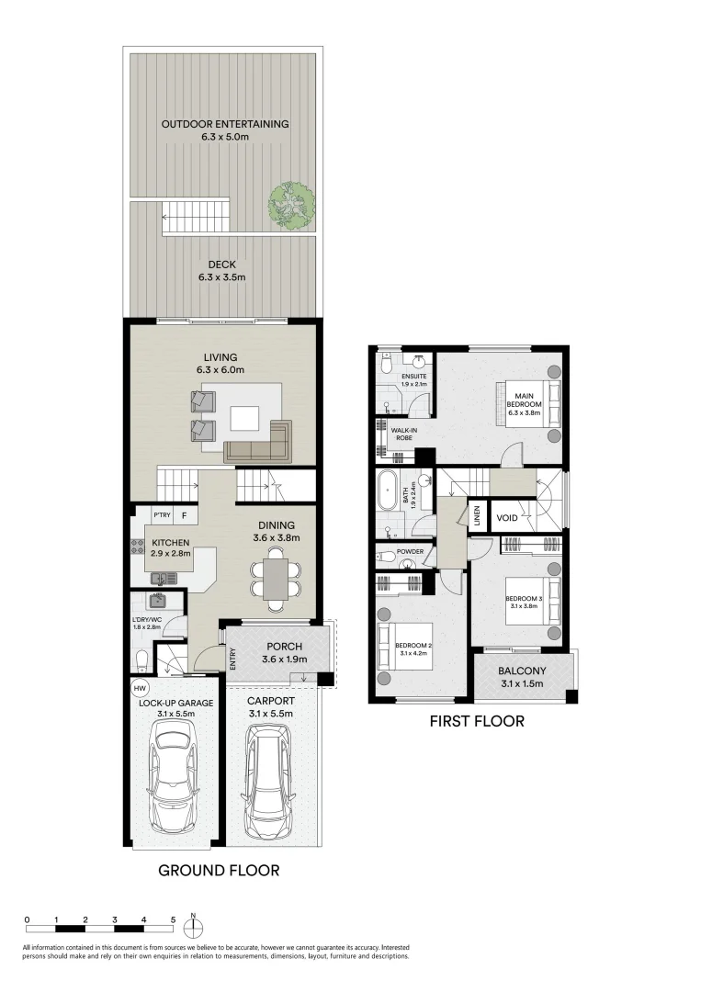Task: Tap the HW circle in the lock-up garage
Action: click(140, 687)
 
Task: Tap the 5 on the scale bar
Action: click(173, 919)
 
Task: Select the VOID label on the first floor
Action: click(507, 516)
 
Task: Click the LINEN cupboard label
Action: click(478, 515)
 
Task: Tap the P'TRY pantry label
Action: click(163, 515)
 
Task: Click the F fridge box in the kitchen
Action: click(185, 515)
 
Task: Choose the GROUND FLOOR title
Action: click(219, 870)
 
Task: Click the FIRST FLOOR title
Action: click(476, 721)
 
